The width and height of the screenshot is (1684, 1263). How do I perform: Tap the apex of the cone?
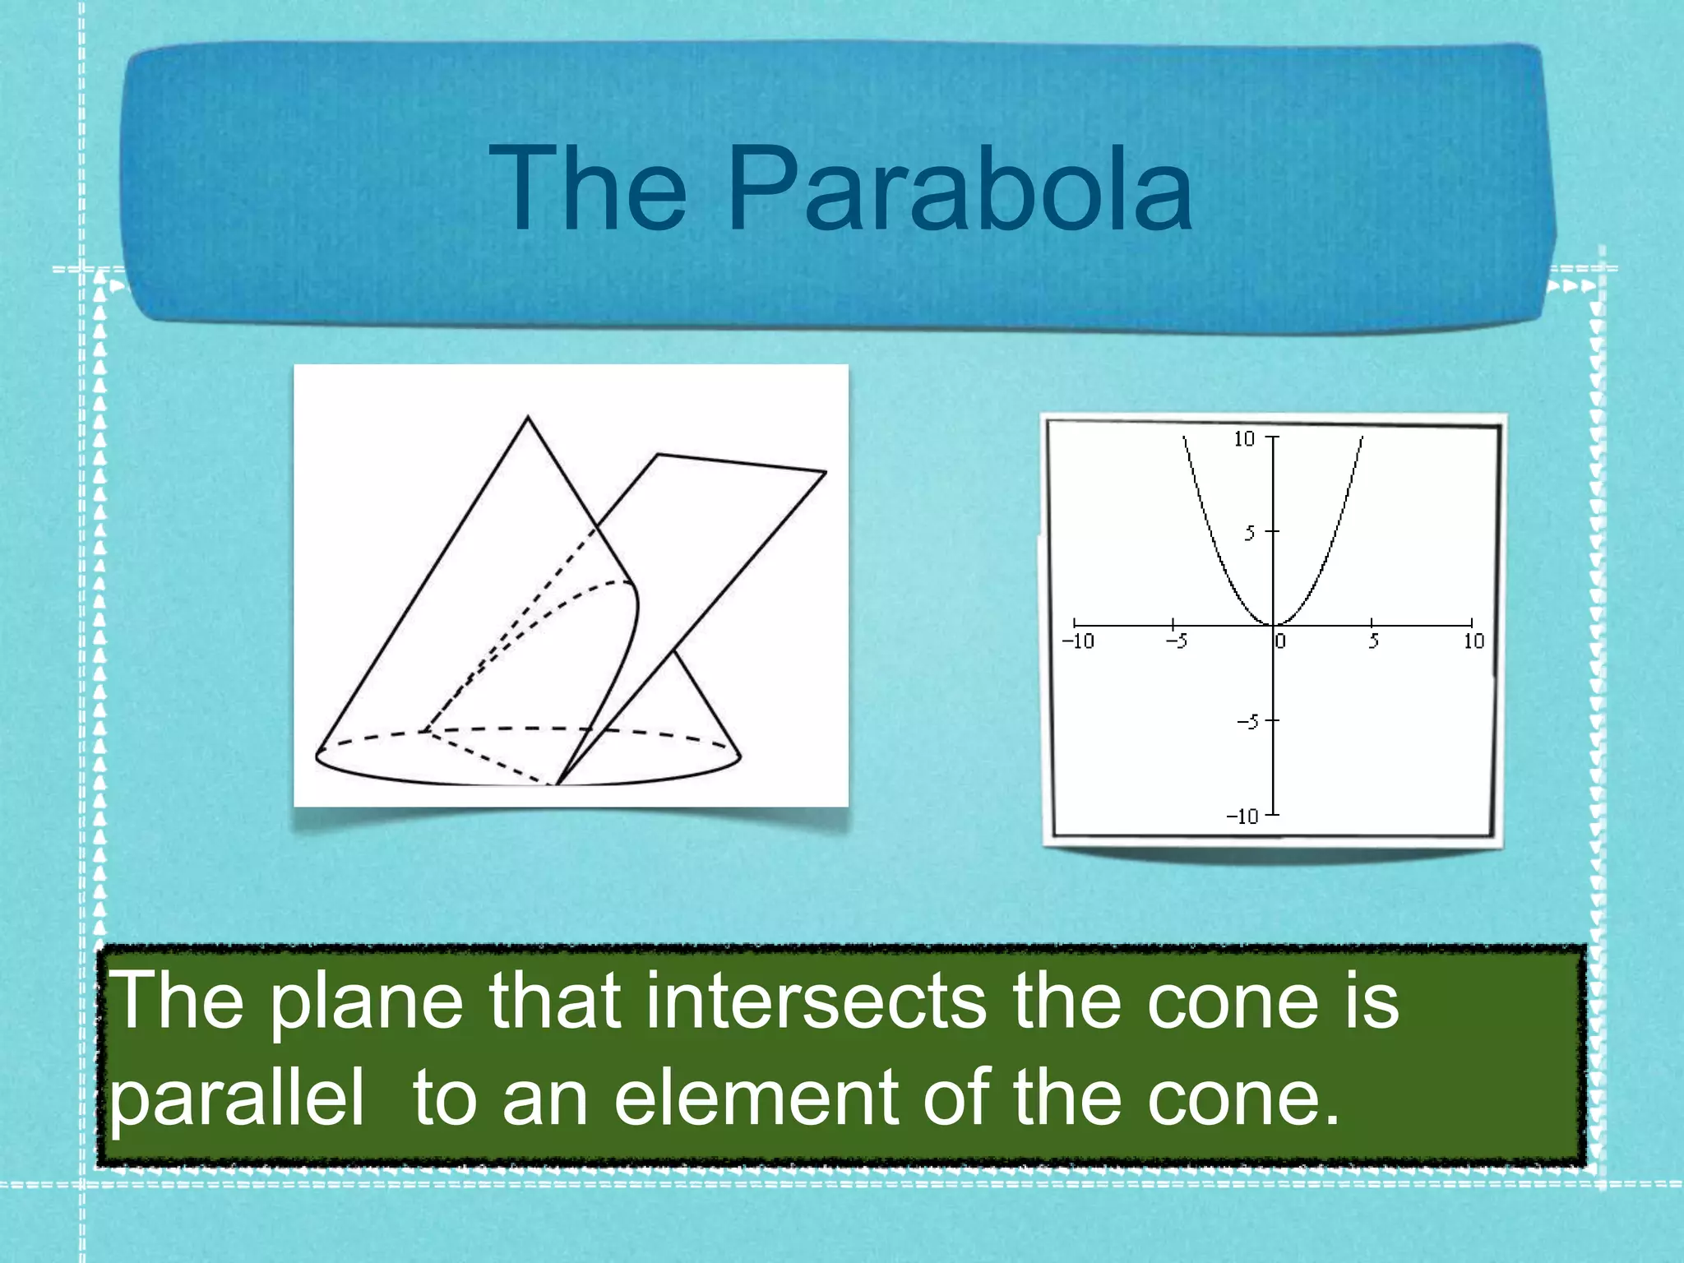click(528, 417)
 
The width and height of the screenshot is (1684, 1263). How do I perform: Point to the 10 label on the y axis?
click(1244, 439)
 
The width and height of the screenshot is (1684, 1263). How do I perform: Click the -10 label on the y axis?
click(1242, 817)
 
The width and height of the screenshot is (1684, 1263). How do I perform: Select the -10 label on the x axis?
click(1078, 641)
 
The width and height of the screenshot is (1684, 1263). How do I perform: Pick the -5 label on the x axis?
click(1177, 641)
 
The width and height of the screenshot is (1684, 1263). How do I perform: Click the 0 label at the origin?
click(1280, 641)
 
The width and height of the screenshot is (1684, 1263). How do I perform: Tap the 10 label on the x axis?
click(1473, 641)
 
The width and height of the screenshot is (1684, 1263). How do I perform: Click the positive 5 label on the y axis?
click(1250, 534)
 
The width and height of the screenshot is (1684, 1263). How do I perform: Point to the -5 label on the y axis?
click(1247, 723)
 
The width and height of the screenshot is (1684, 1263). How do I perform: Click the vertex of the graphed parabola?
click(1274, 625)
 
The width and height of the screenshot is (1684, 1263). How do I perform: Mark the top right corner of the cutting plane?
click(825, 471)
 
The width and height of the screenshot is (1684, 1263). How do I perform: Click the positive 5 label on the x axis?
click(1373, 641)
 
